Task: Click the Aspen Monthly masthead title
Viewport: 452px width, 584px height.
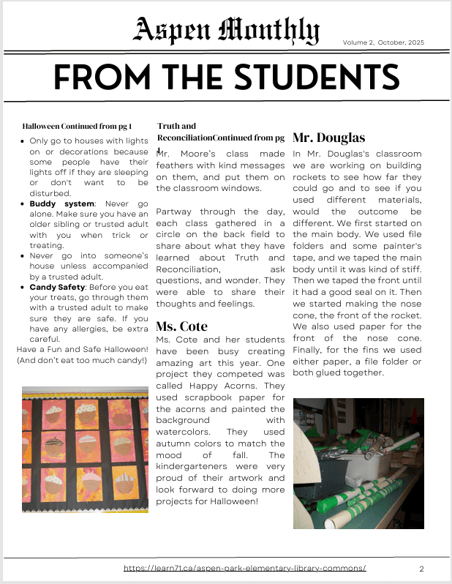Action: coord(226,31)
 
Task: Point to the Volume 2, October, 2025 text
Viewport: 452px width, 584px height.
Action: coord(383,42)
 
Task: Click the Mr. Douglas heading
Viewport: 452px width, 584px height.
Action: coord(328,138)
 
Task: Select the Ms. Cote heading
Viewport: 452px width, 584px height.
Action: coord(182,326)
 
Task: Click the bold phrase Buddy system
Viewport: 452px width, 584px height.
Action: coord(61,203)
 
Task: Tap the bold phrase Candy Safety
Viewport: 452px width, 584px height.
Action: coord(57,287)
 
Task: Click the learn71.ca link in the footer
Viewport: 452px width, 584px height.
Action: coord(244,568)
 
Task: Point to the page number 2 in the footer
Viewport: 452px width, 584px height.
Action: coord(421,569)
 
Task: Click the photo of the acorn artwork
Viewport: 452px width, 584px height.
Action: coord(86,449)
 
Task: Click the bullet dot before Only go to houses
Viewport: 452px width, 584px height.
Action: coord(23,141)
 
